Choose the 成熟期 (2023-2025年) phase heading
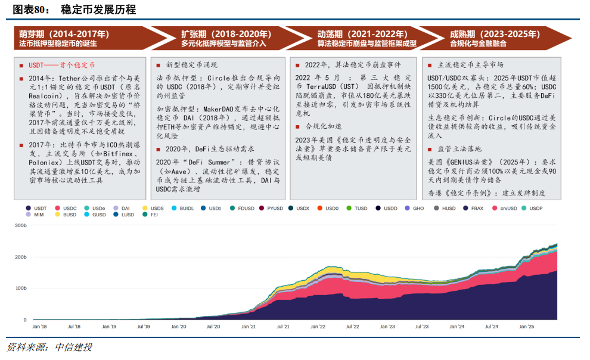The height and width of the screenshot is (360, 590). pyautogui.click(x=489, y=35)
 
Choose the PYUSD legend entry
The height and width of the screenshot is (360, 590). pyautogui.click(x=275, y=208)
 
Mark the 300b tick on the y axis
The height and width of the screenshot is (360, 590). pyautogui.click(x=21, y=226)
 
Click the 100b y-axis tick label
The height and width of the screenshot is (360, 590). pyautogui.click(x=21, y=288)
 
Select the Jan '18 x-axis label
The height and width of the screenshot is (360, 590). pyautogui.click(x=40, y=327)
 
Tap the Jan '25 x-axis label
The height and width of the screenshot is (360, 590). pyautogui.click(x=526, y=327)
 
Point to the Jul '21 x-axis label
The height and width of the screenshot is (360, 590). pyautogui.click(x=283, y=327)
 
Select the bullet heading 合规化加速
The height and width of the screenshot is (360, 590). pyautogui.click(x=324, y=126)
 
